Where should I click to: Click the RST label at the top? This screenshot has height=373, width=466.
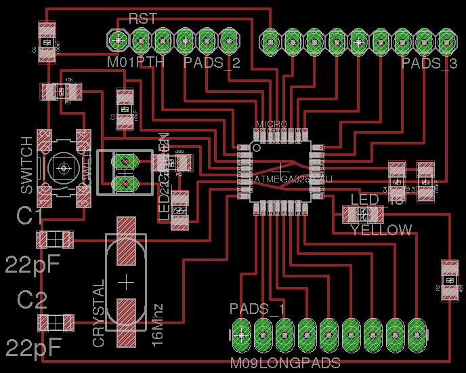(142, 19)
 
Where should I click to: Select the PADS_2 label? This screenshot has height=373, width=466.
(212, 64)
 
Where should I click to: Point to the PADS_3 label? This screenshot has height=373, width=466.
(429, 64)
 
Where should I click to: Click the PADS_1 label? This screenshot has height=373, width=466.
(257, 309)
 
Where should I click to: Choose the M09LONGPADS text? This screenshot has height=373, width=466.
(284, 364)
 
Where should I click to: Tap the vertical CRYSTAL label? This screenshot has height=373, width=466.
(99, 313)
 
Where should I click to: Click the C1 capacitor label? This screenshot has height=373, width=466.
(31, 217)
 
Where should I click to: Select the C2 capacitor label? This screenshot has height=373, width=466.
(32, 299)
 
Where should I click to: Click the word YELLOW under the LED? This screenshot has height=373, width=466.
(381, 231)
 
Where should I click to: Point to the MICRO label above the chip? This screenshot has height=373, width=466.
(271, 124)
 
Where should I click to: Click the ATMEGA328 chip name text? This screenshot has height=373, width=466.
(293, 178)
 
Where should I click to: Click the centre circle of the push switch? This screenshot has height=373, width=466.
(64, 168)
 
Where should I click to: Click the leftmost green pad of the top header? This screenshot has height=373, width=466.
(119, 40)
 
